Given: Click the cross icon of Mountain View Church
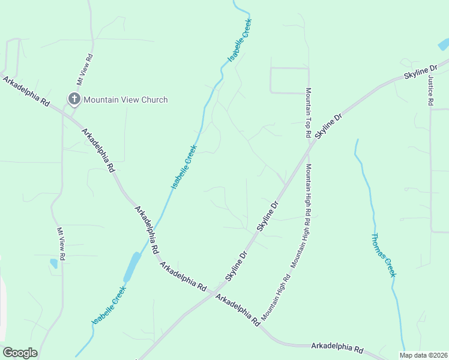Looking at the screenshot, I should [74, 99].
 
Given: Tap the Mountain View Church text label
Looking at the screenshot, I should [125, 100].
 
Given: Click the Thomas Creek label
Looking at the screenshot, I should [385, 255].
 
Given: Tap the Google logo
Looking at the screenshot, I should [20, 353].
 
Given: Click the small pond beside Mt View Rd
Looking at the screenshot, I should [54, 263].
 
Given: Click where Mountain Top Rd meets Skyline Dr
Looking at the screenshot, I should [310, 143].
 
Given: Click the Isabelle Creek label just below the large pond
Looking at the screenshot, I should [109, 306].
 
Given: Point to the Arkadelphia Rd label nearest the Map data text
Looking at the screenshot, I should [337, 347].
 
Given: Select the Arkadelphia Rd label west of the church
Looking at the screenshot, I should [25, 91].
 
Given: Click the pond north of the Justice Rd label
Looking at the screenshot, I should [444, 44].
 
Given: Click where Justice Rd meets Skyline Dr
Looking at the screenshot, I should [430, 67].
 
